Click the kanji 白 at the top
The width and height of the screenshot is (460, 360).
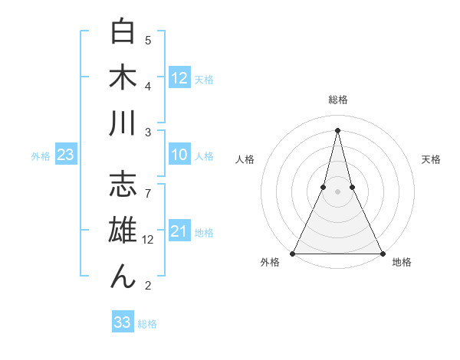point(123,33)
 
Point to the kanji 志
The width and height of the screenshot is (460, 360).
point(123,186)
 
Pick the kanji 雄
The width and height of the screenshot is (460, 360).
point(123,231)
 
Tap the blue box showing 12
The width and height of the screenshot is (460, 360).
point(179,77)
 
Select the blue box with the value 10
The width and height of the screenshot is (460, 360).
point(179,155)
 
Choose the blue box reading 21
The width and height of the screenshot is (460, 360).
point(179,231)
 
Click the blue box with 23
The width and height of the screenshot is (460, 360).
point(66,155)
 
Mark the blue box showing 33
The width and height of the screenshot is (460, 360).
point(123,322)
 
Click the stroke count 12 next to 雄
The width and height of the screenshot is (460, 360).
point(149,239)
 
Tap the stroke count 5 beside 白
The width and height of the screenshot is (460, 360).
point(148,41)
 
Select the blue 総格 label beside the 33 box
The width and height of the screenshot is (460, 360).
point(147,324)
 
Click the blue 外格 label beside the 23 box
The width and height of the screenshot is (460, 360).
point(41,156)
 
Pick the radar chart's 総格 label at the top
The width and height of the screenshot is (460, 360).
point(338,100)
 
